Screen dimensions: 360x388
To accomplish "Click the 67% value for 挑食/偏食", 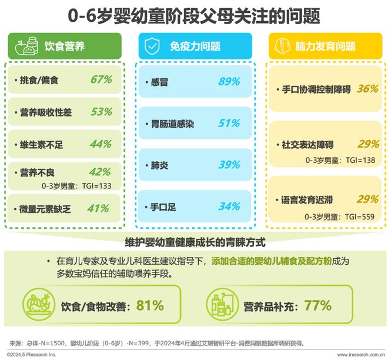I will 101,79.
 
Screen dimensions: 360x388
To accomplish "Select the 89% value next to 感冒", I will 229,82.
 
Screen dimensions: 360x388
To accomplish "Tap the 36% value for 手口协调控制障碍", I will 367,89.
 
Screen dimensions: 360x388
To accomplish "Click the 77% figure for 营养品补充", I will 317,305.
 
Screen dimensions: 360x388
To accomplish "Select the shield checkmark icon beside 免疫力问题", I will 151,46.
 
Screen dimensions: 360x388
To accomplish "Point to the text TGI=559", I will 360,216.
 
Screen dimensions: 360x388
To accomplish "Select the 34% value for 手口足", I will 229,206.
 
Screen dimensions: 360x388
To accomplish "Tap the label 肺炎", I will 160,165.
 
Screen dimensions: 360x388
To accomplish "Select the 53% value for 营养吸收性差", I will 101,111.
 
